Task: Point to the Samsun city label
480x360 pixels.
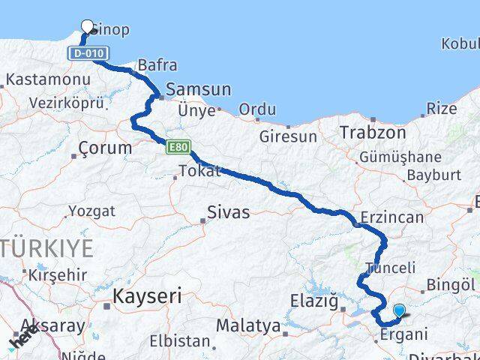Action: coord(198,90)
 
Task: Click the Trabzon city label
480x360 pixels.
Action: coord(373,132)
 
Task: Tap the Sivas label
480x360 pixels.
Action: coord(229,212)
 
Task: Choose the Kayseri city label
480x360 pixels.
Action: coord(147,296)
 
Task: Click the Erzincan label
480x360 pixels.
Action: coord(391,217)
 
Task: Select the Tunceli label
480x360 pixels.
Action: coord(389,268)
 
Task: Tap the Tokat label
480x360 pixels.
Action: coord(200,171)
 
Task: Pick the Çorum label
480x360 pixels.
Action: coord(105,148)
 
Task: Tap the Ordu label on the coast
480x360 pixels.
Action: coord(257,109)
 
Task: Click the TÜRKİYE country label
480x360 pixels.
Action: coord(51,247)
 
